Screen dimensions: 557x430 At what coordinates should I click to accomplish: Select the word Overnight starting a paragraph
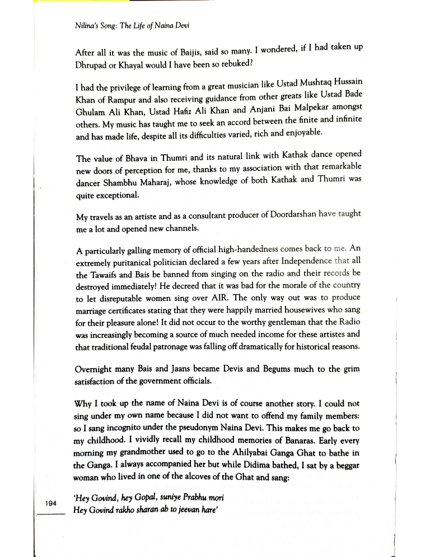click(x=94, y=370)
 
